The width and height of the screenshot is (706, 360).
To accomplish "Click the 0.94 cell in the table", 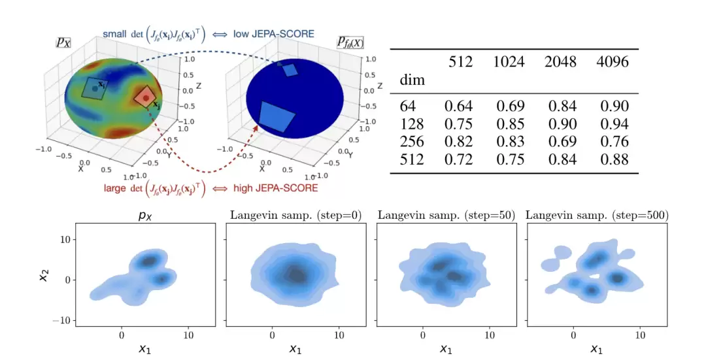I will coord(613,124).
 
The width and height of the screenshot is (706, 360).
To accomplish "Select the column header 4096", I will coord(613,62).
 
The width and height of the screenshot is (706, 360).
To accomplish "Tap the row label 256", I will coord(412,142).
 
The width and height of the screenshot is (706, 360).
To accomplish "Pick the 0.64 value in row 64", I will coord(458,106).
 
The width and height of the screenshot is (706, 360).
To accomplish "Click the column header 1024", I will coord(510,62).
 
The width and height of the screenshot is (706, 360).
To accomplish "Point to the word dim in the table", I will coord(412,80).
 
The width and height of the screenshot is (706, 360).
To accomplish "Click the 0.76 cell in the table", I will coord(613,142).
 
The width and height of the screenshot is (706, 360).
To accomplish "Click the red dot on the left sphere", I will coord(146,98).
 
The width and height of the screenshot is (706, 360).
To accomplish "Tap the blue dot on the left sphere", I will coord(95,87).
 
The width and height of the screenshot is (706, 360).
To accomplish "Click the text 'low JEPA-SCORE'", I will coord(283,33).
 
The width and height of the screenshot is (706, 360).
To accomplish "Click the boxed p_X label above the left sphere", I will coord(63,42).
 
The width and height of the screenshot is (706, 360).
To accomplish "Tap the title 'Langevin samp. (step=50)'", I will coord(446,215).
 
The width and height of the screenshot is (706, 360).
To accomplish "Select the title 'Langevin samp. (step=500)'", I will coord(596,215).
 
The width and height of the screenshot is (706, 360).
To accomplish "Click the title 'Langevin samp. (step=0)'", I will coord(295,215).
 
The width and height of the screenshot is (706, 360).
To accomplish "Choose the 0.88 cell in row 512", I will coord(613,159).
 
